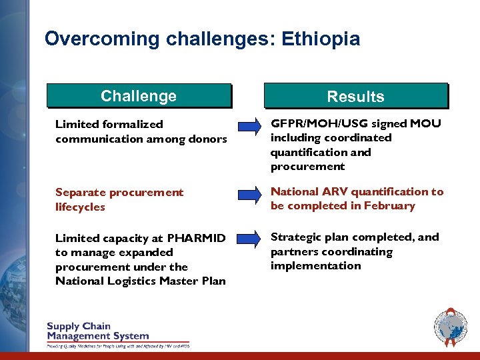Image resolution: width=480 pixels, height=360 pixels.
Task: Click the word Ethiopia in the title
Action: (321, 39)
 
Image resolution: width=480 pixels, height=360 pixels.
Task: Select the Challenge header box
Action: (139, 96)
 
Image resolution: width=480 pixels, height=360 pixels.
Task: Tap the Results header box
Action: (356, 96)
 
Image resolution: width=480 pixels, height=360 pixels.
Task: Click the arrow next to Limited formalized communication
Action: (249, 125)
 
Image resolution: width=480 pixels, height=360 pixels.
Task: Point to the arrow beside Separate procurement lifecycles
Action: (249, 194)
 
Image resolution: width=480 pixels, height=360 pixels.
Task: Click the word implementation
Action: (315, 266)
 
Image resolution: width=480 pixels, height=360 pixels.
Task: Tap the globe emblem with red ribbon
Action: (450, 328)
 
